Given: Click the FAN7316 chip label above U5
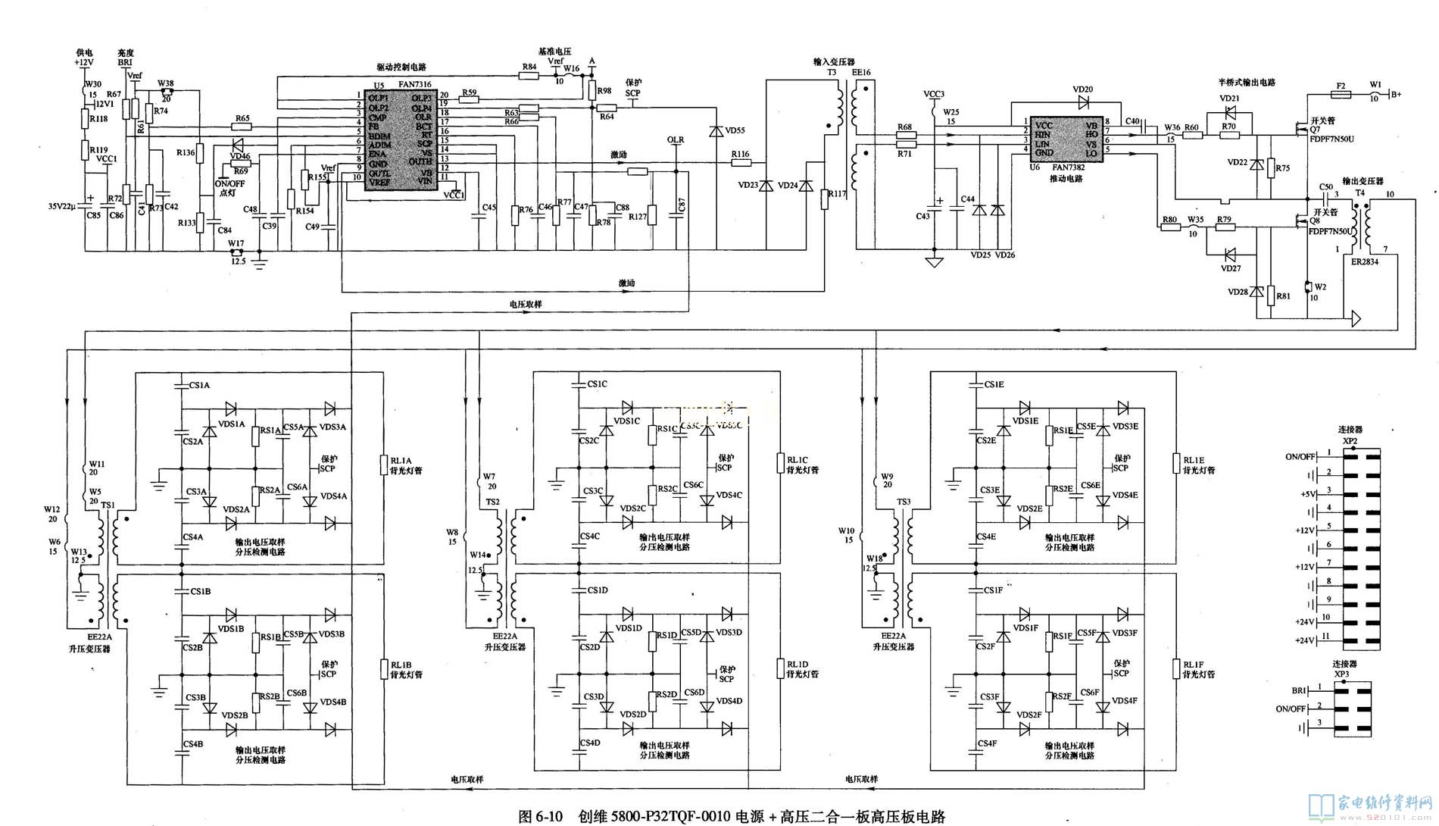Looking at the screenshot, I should [x=414, y=85].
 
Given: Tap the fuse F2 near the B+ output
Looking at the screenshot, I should [x=1341, y=86].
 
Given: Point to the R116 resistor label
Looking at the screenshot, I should [x=740, y=155].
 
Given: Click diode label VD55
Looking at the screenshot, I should [x=735, y=131].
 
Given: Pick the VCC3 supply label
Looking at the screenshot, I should [x=934, y=94].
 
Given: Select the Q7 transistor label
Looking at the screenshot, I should [x=1314, y=130].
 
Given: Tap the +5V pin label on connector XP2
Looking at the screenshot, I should [x=1309, y=493].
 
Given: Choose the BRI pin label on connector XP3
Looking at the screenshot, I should [x=1299, y=690].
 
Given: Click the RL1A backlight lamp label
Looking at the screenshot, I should [x=401, y=460].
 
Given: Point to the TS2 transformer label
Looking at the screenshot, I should [x=492, y=502].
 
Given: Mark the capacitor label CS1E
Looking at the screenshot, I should [x=994, y=385].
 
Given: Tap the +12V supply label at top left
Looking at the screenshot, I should [x=84, y=62].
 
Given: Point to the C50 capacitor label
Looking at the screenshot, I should [x=1325, y=186].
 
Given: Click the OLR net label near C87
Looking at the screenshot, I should [x=675, y=140].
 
